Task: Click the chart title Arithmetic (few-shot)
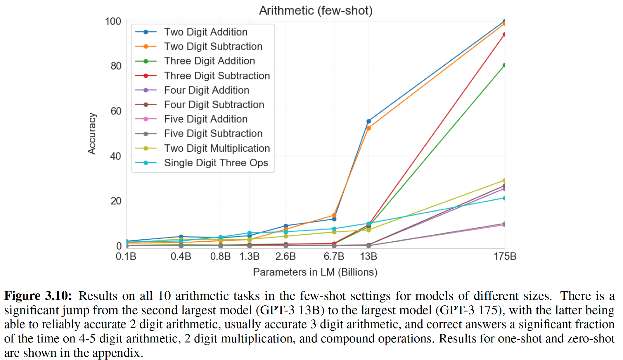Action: tap(316, 11)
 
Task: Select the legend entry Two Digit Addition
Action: tap(205, 32)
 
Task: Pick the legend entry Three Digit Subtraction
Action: tap(217, 76)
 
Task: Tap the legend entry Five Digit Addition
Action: tap(205, 119)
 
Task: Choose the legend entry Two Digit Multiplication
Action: tap(217, 148)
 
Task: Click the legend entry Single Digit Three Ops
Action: tap(216, 163)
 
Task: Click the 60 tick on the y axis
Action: tap(116, 111)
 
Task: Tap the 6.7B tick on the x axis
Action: tap(334, 257)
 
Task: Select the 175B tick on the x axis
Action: tap(505, 257)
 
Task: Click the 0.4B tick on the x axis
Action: tap(181, 257)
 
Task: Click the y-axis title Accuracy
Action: tap(92, 133)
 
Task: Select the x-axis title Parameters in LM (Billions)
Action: tap(315, 272)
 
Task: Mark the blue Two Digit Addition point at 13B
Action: tap(368, 121)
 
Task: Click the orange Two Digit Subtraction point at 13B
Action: tap(368, 128)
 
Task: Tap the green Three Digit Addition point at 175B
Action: tap(504, 65)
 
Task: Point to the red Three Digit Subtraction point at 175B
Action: tap(504, 34)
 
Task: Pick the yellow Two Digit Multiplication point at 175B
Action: tap(504, 181)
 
